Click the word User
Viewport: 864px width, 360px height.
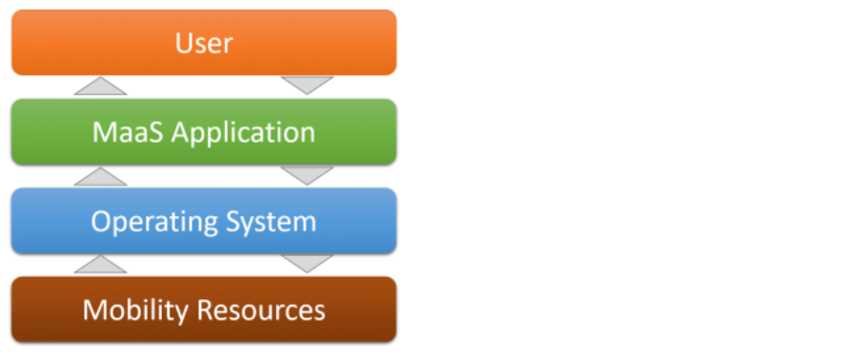pyautogui.click(x=204, y=43)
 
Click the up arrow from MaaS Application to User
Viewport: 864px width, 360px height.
pyautogui.click(x=100, y=87)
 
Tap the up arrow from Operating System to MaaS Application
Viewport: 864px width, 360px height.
pyautogui.click(x=100, y=176)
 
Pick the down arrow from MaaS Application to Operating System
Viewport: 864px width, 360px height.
pyautogui.click(x=307, y=175)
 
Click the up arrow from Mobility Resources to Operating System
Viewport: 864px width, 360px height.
pyautogui.click(x=100, y=265)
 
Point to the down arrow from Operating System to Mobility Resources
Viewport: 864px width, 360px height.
pyautogui.click(x=307, y=264)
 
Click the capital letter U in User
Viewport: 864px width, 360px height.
pyautogui.click(x=183, y=43)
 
